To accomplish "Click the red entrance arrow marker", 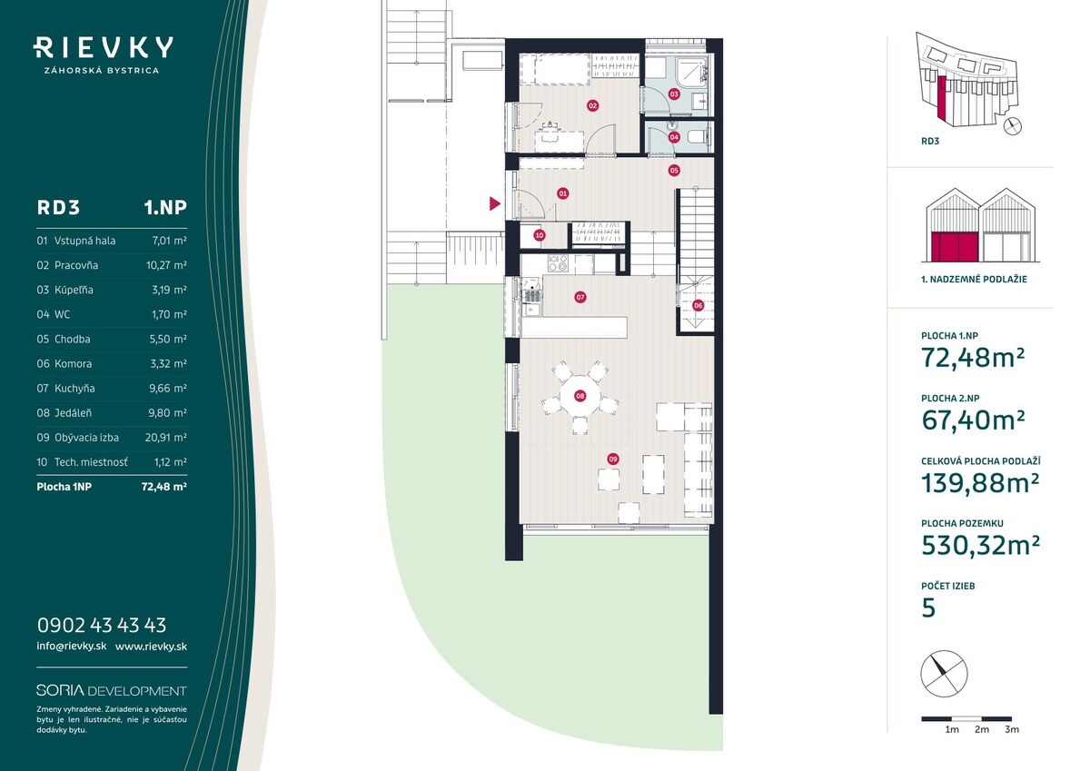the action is [x=495, y=203].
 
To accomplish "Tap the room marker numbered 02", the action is [x=592, y=105].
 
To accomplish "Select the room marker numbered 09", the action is [x=612, y=459].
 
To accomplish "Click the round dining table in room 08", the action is [x=580, y=395].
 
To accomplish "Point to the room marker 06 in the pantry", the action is [x=699, y=305].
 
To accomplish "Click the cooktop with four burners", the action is [x=558, y=263].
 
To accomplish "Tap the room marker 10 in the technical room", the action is [x=540, y=235].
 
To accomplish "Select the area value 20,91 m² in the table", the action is [x=166, y=438].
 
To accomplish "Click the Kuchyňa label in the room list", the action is [x=74, y=388].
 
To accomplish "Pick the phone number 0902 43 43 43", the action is [x=102, y=625].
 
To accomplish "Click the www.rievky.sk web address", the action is [x=151, y=647].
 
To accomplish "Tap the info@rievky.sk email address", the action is [x=72, y=646].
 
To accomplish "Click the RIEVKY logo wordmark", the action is [x=104, y=47].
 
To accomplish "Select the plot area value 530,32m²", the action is [x=980, y=545].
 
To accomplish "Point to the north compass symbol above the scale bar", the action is [x=944, y=673].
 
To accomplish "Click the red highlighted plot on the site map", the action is [x=941, y=98].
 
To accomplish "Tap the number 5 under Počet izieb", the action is [x=928, y=608].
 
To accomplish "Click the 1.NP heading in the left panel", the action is [x=165, y=208].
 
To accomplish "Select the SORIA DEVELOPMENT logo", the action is [x=112, y=691].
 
